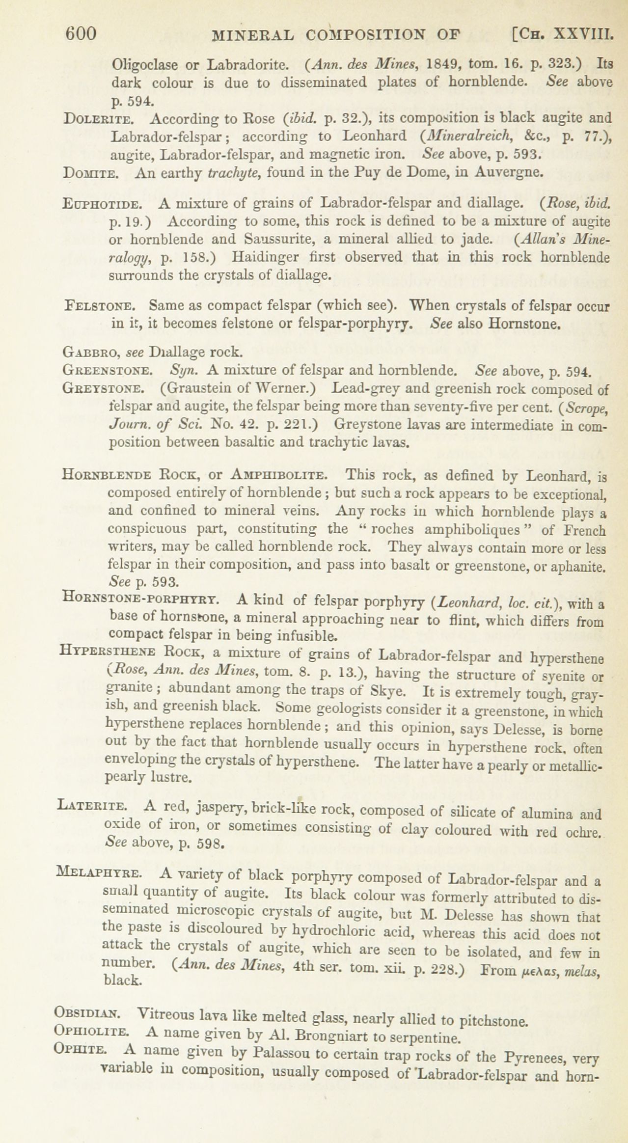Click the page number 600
[81, 34]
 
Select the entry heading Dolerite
[97, 119]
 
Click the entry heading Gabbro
[91, 352]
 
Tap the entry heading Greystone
[104, 389]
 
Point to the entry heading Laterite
[92, 806]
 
